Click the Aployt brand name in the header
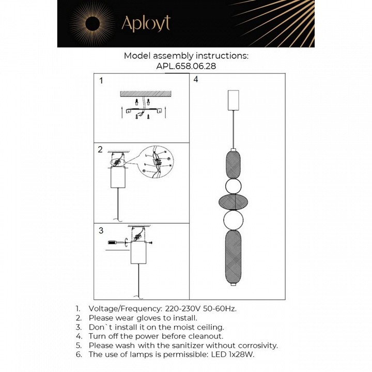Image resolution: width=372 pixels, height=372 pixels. [145, 23]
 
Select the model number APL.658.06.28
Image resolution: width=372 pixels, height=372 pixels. [185, 66]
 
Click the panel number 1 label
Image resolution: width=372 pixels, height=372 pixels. [101, 81]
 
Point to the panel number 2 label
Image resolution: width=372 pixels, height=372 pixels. [100, 150]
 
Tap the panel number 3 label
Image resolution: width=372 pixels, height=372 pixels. [101, 230]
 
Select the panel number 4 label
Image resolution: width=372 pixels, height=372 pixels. [196, 80]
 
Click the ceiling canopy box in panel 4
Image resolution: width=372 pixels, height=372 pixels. [234, 100]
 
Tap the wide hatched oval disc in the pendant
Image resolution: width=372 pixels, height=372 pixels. [234, 202]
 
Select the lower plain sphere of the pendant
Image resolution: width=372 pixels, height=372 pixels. [234, 220]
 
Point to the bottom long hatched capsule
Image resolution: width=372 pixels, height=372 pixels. [234, 255]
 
